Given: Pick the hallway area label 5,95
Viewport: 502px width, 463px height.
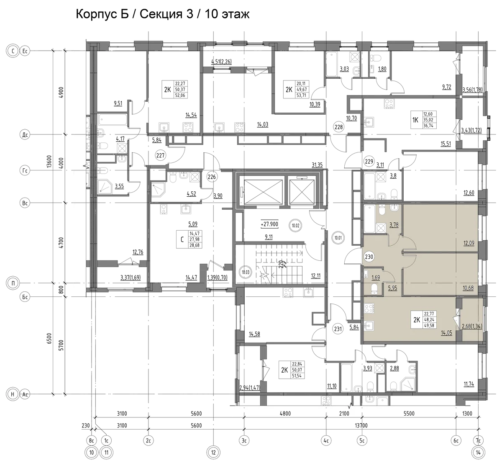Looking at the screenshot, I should click(393, 288).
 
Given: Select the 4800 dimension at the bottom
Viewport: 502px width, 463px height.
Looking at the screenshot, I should click(284, 414).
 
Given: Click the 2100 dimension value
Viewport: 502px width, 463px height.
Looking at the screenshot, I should click(344, 414).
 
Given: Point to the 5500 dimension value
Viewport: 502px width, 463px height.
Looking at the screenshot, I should click(409, 414).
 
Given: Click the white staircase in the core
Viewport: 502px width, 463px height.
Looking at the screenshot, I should click(288, 275).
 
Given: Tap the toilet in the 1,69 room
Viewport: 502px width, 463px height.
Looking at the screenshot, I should click(375, 288).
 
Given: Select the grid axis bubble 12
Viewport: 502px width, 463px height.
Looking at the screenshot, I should click(213, 452).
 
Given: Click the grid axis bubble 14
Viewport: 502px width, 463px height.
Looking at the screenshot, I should click(479, 452).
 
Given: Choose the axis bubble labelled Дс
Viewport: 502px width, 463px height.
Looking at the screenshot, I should click(25, 135).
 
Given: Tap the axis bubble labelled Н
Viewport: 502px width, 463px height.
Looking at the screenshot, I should click(13, 394).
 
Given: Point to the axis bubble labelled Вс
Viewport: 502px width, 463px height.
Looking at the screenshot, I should click(25, 203).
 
